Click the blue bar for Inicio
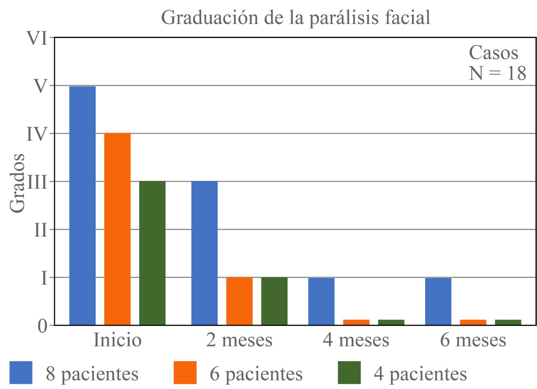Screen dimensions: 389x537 82,205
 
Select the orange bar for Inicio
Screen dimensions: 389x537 117,229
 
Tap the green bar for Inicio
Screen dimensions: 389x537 152,253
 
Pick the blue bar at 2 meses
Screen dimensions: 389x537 204,253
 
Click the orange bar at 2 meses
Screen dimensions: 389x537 239,301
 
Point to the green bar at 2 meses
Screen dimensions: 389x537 274,301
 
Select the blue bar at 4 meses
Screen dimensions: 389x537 321,301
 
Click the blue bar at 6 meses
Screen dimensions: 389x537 438,301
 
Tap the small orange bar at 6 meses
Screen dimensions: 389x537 473,322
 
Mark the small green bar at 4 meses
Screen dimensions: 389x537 391,322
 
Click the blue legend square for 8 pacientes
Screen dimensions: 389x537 21,373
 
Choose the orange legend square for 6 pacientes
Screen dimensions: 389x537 185,373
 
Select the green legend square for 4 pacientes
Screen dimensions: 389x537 349,373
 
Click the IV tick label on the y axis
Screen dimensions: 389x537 37,134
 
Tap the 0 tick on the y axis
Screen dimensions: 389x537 43,326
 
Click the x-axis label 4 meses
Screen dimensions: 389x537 356,340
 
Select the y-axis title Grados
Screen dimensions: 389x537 17,183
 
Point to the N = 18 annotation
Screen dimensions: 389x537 497,73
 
